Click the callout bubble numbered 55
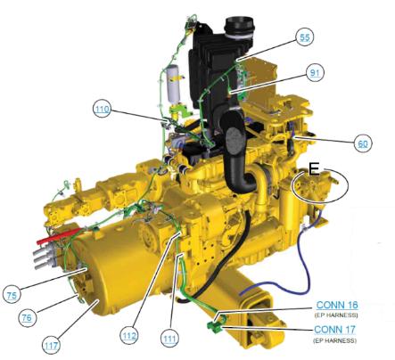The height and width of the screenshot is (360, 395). pyautogui.click(x=305, y=37)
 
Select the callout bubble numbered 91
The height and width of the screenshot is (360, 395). pyautogui.click(x=315, y=72)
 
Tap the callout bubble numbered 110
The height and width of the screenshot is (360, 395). pyautogui.click(x=102, y=109)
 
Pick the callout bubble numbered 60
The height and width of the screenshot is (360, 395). pyautogui.click(x=363, y=143)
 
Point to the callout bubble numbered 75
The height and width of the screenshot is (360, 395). pyautogui.click(x=12, y=295)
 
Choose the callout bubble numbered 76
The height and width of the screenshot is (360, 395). pyautogui.click(x=27, y=317)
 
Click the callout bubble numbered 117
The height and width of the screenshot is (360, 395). pyautogui.click(x=51, y=345)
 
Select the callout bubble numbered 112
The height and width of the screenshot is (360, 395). pyautogui.click(x=129, y=336)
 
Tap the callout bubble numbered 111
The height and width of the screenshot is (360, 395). pyautogui.click(x=169, y=338)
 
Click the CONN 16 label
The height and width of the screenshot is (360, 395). pyautogui.click(x=337, y=305)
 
